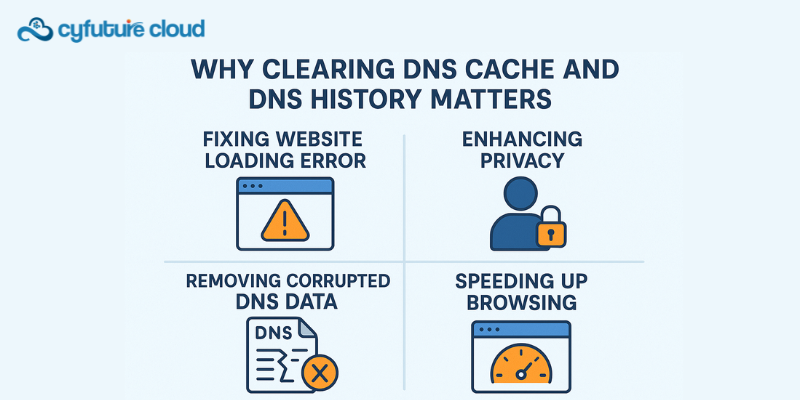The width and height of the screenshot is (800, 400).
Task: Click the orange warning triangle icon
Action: pyautogui.click(x=285, y=220)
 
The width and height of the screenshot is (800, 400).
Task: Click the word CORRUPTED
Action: pyautogui.click(x=325, y=280)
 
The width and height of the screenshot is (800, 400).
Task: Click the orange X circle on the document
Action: pyautogui.click(x=319, y=374)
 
